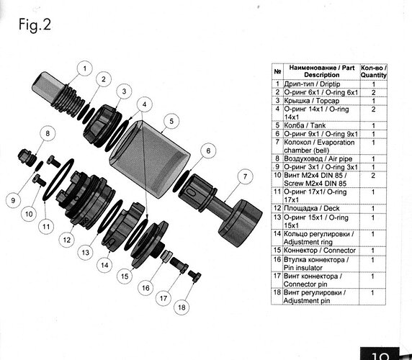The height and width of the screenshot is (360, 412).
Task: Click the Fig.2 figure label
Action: click(35, 25)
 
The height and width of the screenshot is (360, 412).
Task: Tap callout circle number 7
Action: click(245, 176)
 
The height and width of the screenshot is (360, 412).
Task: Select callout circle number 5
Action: click(171, 121)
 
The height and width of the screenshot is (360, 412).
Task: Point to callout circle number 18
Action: click(182, 307)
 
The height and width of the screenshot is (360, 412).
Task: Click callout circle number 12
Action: click(67, 240)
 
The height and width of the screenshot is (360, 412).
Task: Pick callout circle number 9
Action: click(13, 200)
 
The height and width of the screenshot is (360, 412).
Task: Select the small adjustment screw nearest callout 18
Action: click(194, 276)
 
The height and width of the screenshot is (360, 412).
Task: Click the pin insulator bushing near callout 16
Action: click(166, 256)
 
